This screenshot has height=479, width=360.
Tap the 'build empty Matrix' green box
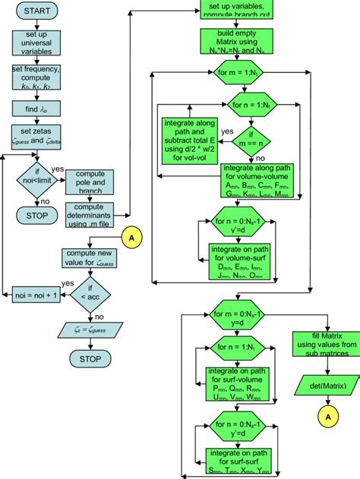pyautogui.click(x=242, y=45)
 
